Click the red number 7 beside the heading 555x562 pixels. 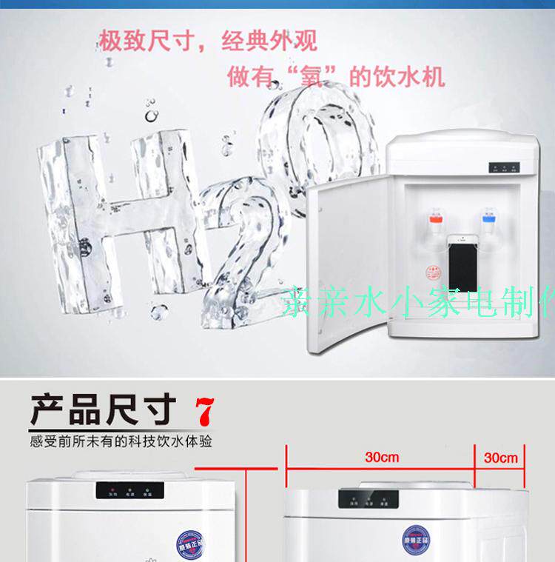point(204,410)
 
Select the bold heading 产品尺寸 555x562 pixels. point(104,409)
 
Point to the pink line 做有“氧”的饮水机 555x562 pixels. point(337,76)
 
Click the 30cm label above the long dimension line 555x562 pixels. point(382,457)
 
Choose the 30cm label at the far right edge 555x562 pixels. point(501,458)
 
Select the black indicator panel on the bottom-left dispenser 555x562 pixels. point(129,490)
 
